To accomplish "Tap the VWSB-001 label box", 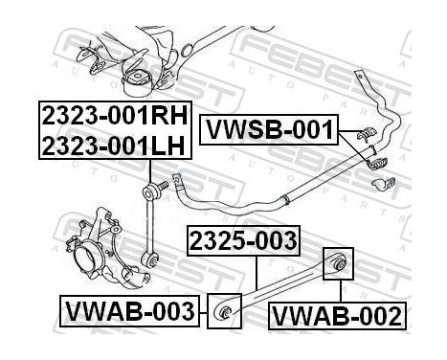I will coord(268,129).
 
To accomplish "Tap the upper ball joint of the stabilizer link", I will coord(153,183).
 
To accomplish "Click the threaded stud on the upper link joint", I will coord(168,183).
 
